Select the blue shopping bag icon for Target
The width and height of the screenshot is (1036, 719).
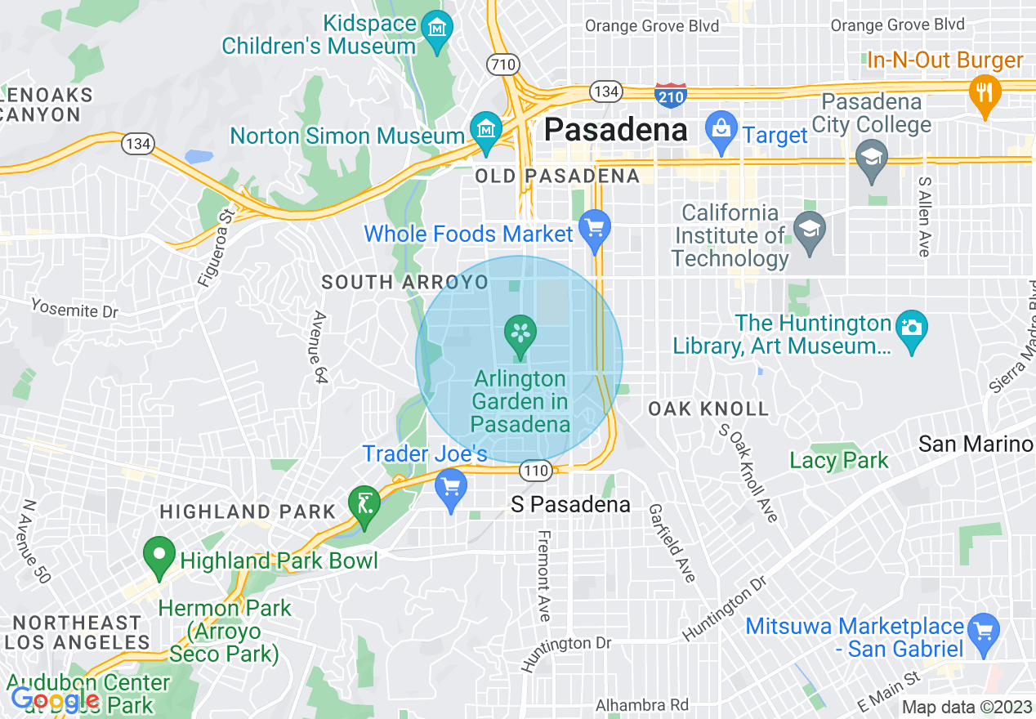(x=721, y=131)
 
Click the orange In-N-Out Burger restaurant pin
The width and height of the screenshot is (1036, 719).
(x=985, y=92)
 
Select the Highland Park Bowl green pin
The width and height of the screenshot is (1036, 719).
(x=159, y=556)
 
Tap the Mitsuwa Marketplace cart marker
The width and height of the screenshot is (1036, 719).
(x=984, y=632)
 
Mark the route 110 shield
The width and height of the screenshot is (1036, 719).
(x=536, y=471)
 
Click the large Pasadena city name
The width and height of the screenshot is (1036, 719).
(x=616, y=130)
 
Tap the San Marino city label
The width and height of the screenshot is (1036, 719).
(x=976, y=444)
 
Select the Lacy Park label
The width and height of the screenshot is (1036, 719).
(x=838, y=461)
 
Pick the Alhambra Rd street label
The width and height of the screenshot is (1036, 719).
(x=641, y=704)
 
